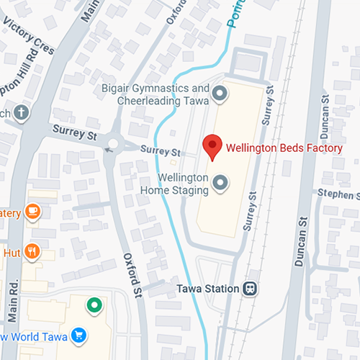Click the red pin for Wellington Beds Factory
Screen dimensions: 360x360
pyautogui.click(x=212, y=146)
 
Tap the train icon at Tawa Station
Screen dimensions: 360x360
pyautogui.click(x=250, y=288)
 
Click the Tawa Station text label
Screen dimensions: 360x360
pyautogui.click(x=207, y=289)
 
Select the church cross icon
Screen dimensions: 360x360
pyautogui.click(x=22, y=112)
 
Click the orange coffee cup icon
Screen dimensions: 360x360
pyautogui.click(x=31, y=211)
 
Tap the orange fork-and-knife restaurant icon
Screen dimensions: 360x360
pyautogui.click(x=31, y=251)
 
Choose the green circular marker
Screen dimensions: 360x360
pyautogui.click(x=93, y=305)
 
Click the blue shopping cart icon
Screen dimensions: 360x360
pyautogui.click(x=78, y=336)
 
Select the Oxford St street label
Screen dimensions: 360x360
pyautogui.click(x=131, y=273)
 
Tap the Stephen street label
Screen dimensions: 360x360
pyautogui.click(x=338, y=194)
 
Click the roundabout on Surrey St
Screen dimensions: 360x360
pyautogui.click(x=112, y=145)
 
